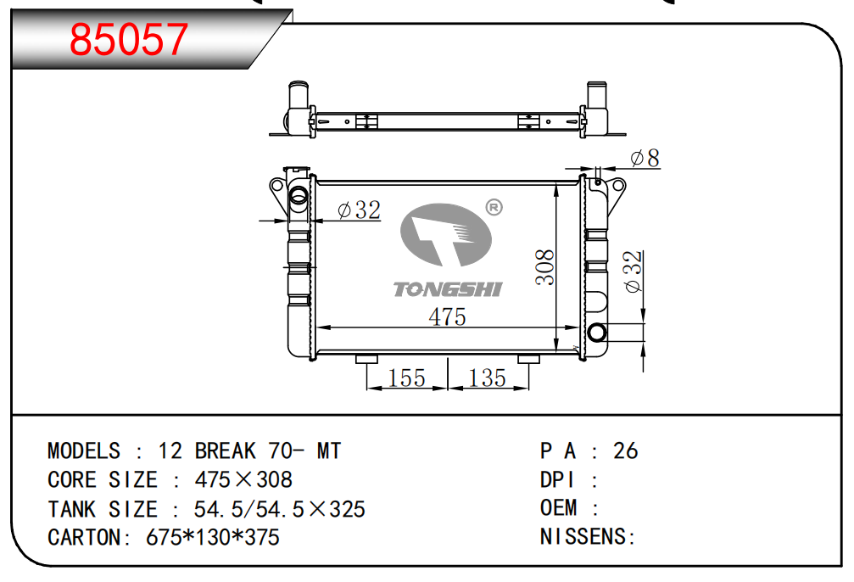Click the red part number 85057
pyautogui.click(x=129, y=40)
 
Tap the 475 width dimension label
pyautogui.click(x=447, y=317)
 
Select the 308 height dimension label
pyautogui.click(x=544, y=267)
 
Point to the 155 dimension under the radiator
pyautogui.click(x=406, y=378)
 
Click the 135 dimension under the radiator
pyautogui.click(x=487, y=378)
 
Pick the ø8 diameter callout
pyautogui.click(x=645, y=158)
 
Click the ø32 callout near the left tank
pyautogui.click(x=359, y=210)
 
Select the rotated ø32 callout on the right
pyautogui.click(x=634, y=272)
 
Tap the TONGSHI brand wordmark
pyautogui.click(x=447, y=289)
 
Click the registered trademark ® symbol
pyautogui.click(x=494, y=208)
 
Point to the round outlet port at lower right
pyautogui.click(x=597, y=332)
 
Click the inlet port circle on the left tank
pyautogui.click(x=299, y=194)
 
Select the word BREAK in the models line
pyautogui.click(x=225, y=451)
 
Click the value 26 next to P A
pyautogui.click(x=625, y=451)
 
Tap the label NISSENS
pyautogui.click(x=583, y=537)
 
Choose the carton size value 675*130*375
pyautogui.click(x=213, y=537)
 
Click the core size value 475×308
pyautogui.click(x=243, y=480)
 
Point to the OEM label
pyautogui.click(x=558, y=508)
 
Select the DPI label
pyautogui.click(x=556, y=480)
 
